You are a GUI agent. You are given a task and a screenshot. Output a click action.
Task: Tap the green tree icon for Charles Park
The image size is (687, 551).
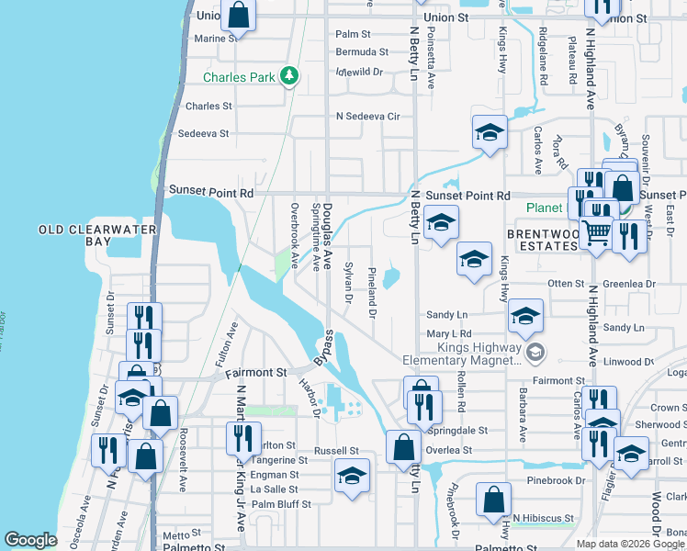pyautogui.click(x=290, y=75)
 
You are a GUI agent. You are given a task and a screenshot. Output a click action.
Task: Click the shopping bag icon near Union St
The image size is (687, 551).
pyautogui.click(x=239, y=14)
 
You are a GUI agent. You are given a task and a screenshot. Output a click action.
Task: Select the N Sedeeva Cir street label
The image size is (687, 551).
pyautogui.click(x=368, y=117)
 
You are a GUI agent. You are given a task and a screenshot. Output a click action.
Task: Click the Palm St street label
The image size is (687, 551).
pyautogui.click(x=352, y=33)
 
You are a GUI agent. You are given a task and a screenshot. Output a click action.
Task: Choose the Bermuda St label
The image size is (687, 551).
pyautogui.click(x=355, y=51)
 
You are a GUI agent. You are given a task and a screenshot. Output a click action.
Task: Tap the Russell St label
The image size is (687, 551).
pyautogui.click(x=336, y=451)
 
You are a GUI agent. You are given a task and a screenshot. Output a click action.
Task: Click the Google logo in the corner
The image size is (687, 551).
pyautogui.click(x=31, y=540)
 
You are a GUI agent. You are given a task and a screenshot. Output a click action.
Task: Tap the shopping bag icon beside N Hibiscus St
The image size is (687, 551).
pyautogui.click(x=494, y=500)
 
